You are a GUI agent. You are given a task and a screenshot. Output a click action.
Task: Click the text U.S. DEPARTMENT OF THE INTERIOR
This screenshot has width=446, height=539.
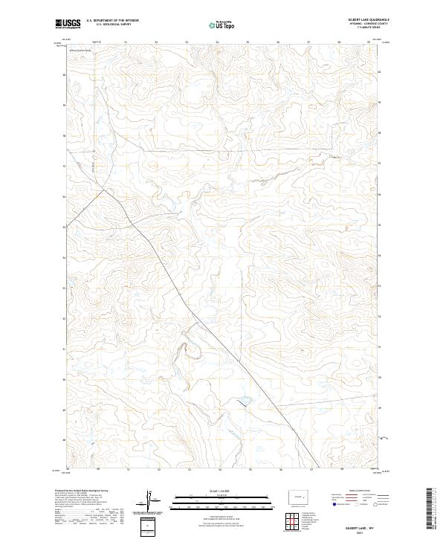[x=112, y=20]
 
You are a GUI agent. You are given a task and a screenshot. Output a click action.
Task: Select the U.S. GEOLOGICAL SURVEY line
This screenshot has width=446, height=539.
[x=108, y=25]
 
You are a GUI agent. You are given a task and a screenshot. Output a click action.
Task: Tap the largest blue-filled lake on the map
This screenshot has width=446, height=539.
[x=243, y=402]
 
